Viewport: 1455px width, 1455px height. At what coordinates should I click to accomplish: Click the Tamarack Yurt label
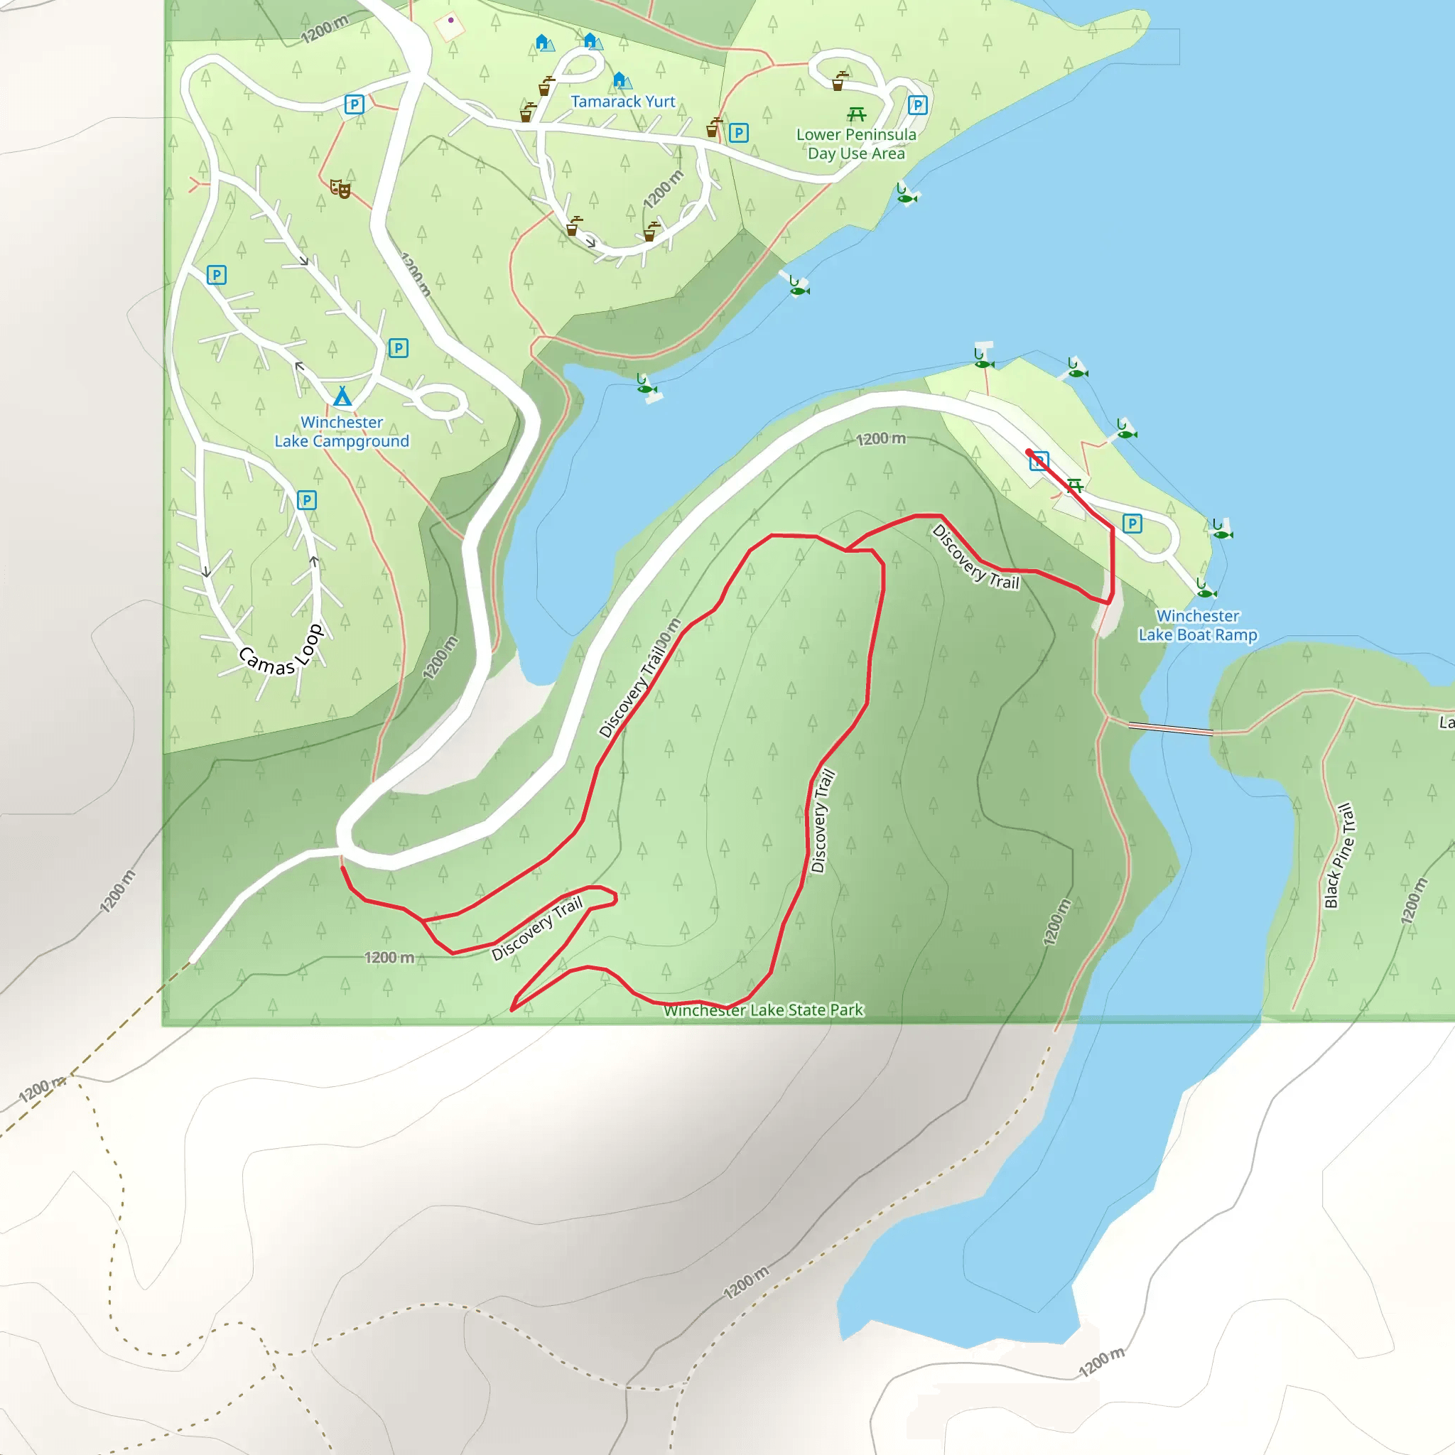pyautogui.click(x=623, y=102)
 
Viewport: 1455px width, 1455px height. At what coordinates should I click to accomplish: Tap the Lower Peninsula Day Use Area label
pyautogui.click(x=856, y=144)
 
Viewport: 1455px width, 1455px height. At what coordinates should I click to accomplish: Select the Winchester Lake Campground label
pyautogui.click(x=342, y=431)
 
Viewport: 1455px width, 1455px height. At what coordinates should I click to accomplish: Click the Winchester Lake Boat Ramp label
pyautogui.click(x=1197, y=625)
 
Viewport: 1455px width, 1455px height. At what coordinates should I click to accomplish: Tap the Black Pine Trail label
pyautogui.click(x=1338, y=855)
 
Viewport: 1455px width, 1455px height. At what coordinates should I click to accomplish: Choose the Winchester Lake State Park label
pyautogui.click(x=763, y=1010)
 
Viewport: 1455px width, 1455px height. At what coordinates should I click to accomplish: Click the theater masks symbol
pyautogui.click(x=340, y=188)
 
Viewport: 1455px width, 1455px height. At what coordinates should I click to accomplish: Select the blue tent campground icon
pyautogui.click(x=342, y=396)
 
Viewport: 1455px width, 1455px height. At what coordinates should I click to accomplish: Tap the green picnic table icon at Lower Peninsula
pyautogui.click(x=856, y=114)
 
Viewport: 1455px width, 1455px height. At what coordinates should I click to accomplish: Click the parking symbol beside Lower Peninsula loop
pyautogui.click(x=917, y=105)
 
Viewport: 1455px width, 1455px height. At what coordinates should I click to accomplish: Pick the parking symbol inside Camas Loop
pyautogui.click(x=306, y=500)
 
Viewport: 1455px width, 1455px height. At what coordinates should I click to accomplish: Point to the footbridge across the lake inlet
pyautogui.click(x=1170, y=728)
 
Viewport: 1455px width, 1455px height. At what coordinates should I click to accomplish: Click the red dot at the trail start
pyautogui.click(x=1029, y=452)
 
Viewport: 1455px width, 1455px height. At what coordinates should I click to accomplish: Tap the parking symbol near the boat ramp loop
pyautogui.click(x=1132, y=524)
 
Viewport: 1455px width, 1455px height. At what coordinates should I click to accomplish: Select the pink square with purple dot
pyautogui.click(x=450, y=27)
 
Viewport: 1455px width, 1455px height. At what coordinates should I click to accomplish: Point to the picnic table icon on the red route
pyautogui.click(x=1075, y=486)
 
